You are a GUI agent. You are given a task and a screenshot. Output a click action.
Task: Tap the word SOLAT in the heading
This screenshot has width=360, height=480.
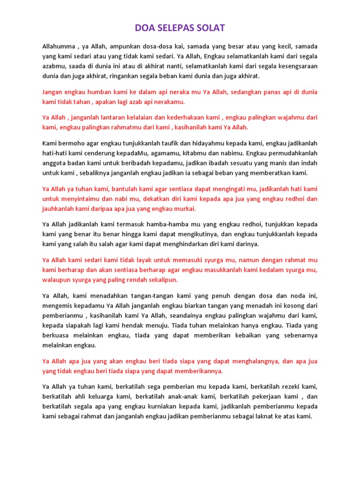(211, 28)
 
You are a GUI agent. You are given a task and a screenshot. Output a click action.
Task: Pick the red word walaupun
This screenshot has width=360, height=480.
(58, 279)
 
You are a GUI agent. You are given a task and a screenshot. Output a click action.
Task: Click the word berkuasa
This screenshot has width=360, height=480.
(57, 335)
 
